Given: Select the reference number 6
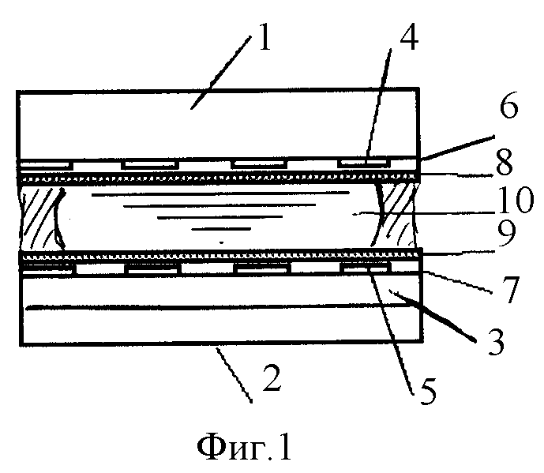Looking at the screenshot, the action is (x=509, y=105).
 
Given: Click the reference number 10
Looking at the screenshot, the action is (x=516, y=199).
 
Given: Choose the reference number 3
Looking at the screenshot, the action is (x=496, y=342).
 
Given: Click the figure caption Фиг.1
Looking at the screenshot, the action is (x=244, y=447).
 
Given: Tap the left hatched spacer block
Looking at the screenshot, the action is (x=43, y=217).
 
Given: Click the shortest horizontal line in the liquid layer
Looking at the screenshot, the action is (x=221, y=229).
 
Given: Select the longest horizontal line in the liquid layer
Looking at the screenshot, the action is (x=220, y=193).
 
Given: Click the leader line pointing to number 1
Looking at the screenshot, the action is (x=220, y=73).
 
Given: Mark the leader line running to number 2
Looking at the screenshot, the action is (x=234, y=376).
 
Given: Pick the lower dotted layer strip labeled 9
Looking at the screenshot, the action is (x=221, y=257).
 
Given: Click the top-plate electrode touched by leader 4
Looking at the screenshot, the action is (x=363, y=163).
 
